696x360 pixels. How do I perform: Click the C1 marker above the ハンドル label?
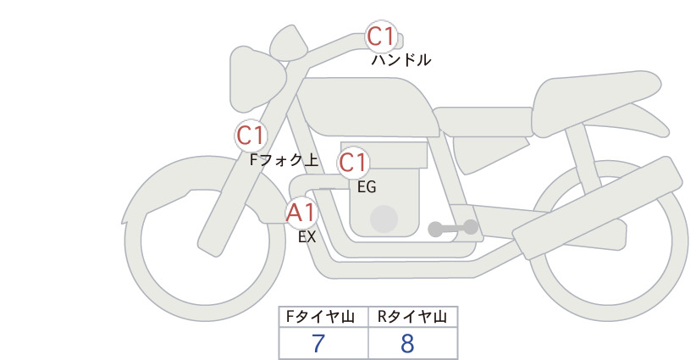(381, 36)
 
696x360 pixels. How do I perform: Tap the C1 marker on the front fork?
(251, 136)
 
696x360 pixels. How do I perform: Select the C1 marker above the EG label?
(353, 163)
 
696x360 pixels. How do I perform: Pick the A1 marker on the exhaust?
(301, 213)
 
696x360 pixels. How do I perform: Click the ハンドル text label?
(400, 59)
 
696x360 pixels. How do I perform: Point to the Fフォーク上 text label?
(284, 159)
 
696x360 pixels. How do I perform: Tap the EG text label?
(367, 187)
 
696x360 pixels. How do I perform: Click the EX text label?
(307, 236)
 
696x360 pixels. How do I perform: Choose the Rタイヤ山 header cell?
(413, 317)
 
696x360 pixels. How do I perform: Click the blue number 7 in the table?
(318, 343)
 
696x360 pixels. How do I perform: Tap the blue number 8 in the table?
(407, 343)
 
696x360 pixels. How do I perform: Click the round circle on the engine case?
(384, 219)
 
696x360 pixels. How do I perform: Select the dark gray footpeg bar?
(453, 228)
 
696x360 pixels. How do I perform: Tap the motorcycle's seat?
(594, 103)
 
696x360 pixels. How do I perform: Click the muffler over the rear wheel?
(598, 208)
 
